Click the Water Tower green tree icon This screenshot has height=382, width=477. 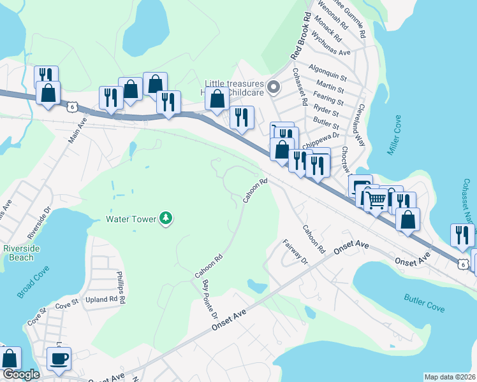click(166, 219)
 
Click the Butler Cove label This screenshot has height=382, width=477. click(424, 302)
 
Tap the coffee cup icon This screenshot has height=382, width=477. click(59, 358)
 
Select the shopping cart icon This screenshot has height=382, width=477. click(376, 200)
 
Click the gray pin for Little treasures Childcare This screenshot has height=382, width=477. click(274, 87)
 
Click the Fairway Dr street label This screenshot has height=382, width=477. click(295, 253)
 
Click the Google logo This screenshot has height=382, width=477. click(21, 374)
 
